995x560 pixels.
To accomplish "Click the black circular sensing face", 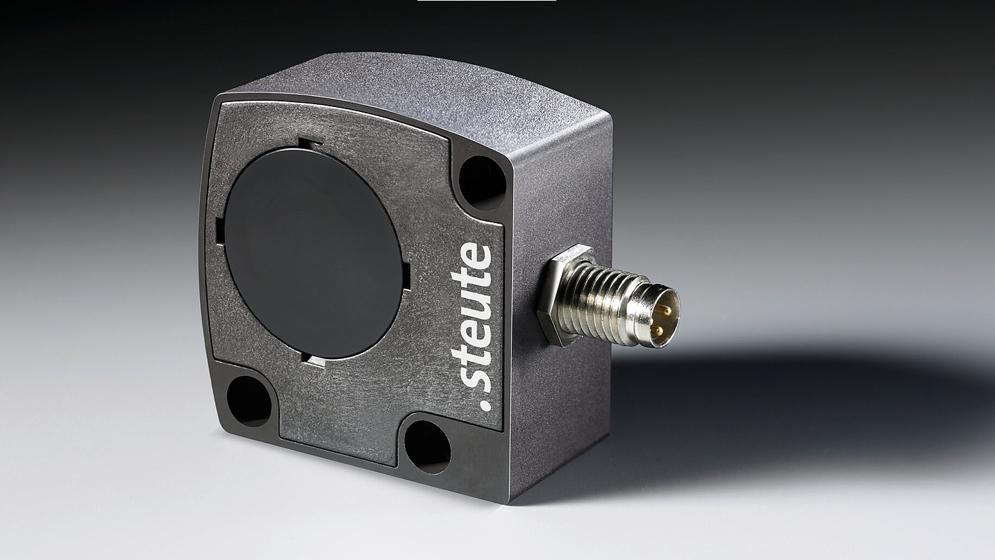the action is coord(313,253).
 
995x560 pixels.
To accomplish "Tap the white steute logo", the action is coord(471,327).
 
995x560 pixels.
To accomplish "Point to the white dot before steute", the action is coord(486,405).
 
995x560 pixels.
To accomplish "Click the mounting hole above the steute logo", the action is coord(482,183).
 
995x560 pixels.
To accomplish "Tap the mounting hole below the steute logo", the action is coord(428,447).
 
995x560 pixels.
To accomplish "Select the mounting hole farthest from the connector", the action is coord(249,401).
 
